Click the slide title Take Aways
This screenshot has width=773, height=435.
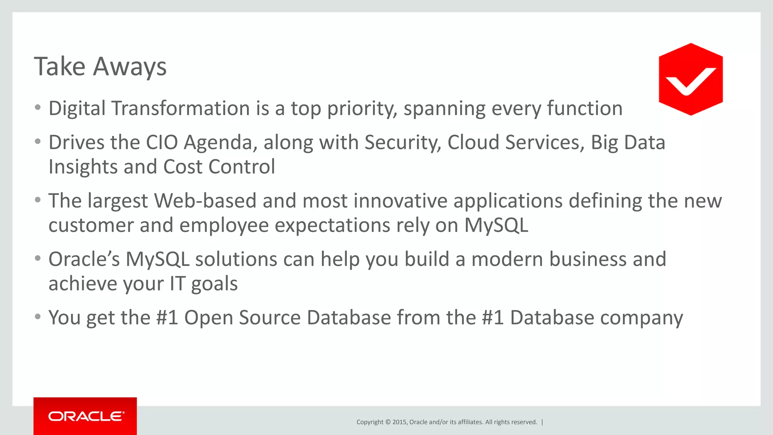coord(100,67)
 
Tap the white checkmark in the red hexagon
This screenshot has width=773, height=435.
coord(690,81)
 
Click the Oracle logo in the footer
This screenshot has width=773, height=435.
coord(86,416)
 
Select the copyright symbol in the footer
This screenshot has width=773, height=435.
coord(388,422)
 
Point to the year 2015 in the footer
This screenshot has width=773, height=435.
coord(399,422)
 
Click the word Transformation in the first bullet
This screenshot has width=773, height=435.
coord(180,108)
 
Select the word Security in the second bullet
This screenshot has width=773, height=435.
coord(402,143)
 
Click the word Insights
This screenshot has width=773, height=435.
coord(83,167)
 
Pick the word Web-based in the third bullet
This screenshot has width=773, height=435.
coord(205,201)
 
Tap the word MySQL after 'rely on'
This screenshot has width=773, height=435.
coord(496,225)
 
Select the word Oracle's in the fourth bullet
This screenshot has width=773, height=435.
coord(84,259)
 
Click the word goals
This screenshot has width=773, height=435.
coord(214,284)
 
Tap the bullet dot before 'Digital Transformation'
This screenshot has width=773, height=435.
coord(37,108)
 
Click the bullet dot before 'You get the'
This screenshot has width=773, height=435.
coord(37,316)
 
